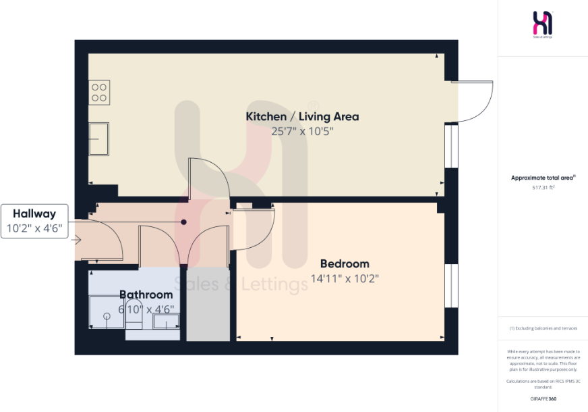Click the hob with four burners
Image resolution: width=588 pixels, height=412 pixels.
pos(99,92)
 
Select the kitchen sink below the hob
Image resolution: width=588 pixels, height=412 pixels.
pos(99,139)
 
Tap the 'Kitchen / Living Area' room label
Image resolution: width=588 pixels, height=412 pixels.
pos(302,116)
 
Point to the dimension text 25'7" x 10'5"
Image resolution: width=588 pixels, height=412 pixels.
pos(302,132)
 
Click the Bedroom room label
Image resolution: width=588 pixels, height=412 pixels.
pos(345,263)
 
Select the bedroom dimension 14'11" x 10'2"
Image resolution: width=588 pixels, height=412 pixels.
pos(345,278)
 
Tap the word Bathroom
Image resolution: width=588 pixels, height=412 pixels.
pos(146,294)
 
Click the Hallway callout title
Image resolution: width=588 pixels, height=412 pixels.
pos(37,213)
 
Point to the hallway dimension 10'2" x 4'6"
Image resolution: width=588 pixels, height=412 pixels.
pos(37,229)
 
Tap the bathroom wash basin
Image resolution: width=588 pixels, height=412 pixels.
pos(165,321)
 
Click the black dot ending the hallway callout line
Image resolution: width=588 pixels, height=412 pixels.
pos(183,222)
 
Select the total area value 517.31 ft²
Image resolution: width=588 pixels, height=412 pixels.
pos(542,187)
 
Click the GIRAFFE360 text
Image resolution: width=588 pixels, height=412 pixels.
pos(543,399)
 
